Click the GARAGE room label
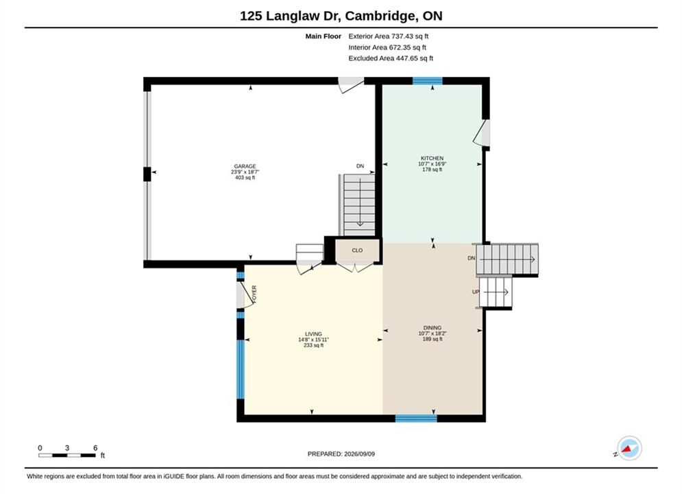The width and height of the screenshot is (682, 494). [x=245, y=166]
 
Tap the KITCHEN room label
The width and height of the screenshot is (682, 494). [x=432, y=158]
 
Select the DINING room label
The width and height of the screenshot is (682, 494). [x=433, y=328]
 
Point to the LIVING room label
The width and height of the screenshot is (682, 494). [x=313, y=334]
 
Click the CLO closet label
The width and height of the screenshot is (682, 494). [x=357, y=250]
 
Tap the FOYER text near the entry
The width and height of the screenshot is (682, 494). [x=254, y=294]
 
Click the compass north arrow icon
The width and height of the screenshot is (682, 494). [x=629, y=448]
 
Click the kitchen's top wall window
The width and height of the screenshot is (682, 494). [x=427, y=80]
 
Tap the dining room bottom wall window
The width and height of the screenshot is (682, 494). [x=416, y=419]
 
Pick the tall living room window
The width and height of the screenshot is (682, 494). [x=241, y=369]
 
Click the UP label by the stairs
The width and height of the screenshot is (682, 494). [x=476, y=292]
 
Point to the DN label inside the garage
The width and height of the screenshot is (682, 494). [x=360, y=166]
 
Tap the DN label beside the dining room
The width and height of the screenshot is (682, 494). [x=472, y=258]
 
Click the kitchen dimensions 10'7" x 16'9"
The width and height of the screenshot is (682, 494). [x=433, y=164]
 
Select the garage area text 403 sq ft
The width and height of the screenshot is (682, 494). [x=245, y=178]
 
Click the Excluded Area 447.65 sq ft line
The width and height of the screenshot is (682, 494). [x=391, y=58]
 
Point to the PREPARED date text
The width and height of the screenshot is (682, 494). [x=341, y=454]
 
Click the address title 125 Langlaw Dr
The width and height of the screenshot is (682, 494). [x=291, y=16]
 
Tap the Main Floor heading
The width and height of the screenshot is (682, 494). [x=323, y=36]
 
